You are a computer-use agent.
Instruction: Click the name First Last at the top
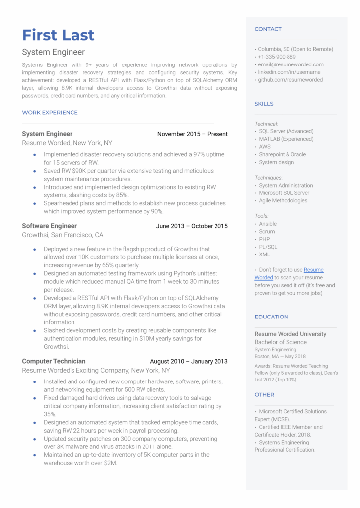click(x=58, y=35)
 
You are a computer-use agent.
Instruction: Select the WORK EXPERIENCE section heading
click(x=50, y=113)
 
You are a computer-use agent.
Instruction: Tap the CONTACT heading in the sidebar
click(x=268, y=29)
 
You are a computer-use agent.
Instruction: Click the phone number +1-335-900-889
click(x=277, y=57)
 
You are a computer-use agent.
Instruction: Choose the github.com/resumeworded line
click(x=290, y=80)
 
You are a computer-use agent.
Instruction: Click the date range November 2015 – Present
click(x=192, y=134)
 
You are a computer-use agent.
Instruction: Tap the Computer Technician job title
click(x=54, y=361)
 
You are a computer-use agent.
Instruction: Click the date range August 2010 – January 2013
click(x=189, y=362)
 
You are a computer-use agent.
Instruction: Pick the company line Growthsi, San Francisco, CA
click(x=63, y=235)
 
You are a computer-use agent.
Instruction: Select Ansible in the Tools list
click(x=268, y=224)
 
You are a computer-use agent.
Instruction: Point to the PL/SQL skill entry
click(x=268, y=247)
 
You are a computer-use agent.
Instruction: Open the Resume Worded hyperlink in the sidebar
click(x=313, y=270)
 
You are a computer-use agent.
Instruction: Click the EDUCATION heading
click(x=271, y=317)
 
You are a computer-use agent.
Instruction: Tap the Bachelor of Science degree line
click(x=281, y=342)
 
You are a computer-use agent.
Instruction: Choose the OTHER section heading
click(x=264, y=395)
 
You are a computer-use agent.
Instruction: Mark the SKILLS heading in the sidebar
click(x=264, y=104)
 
